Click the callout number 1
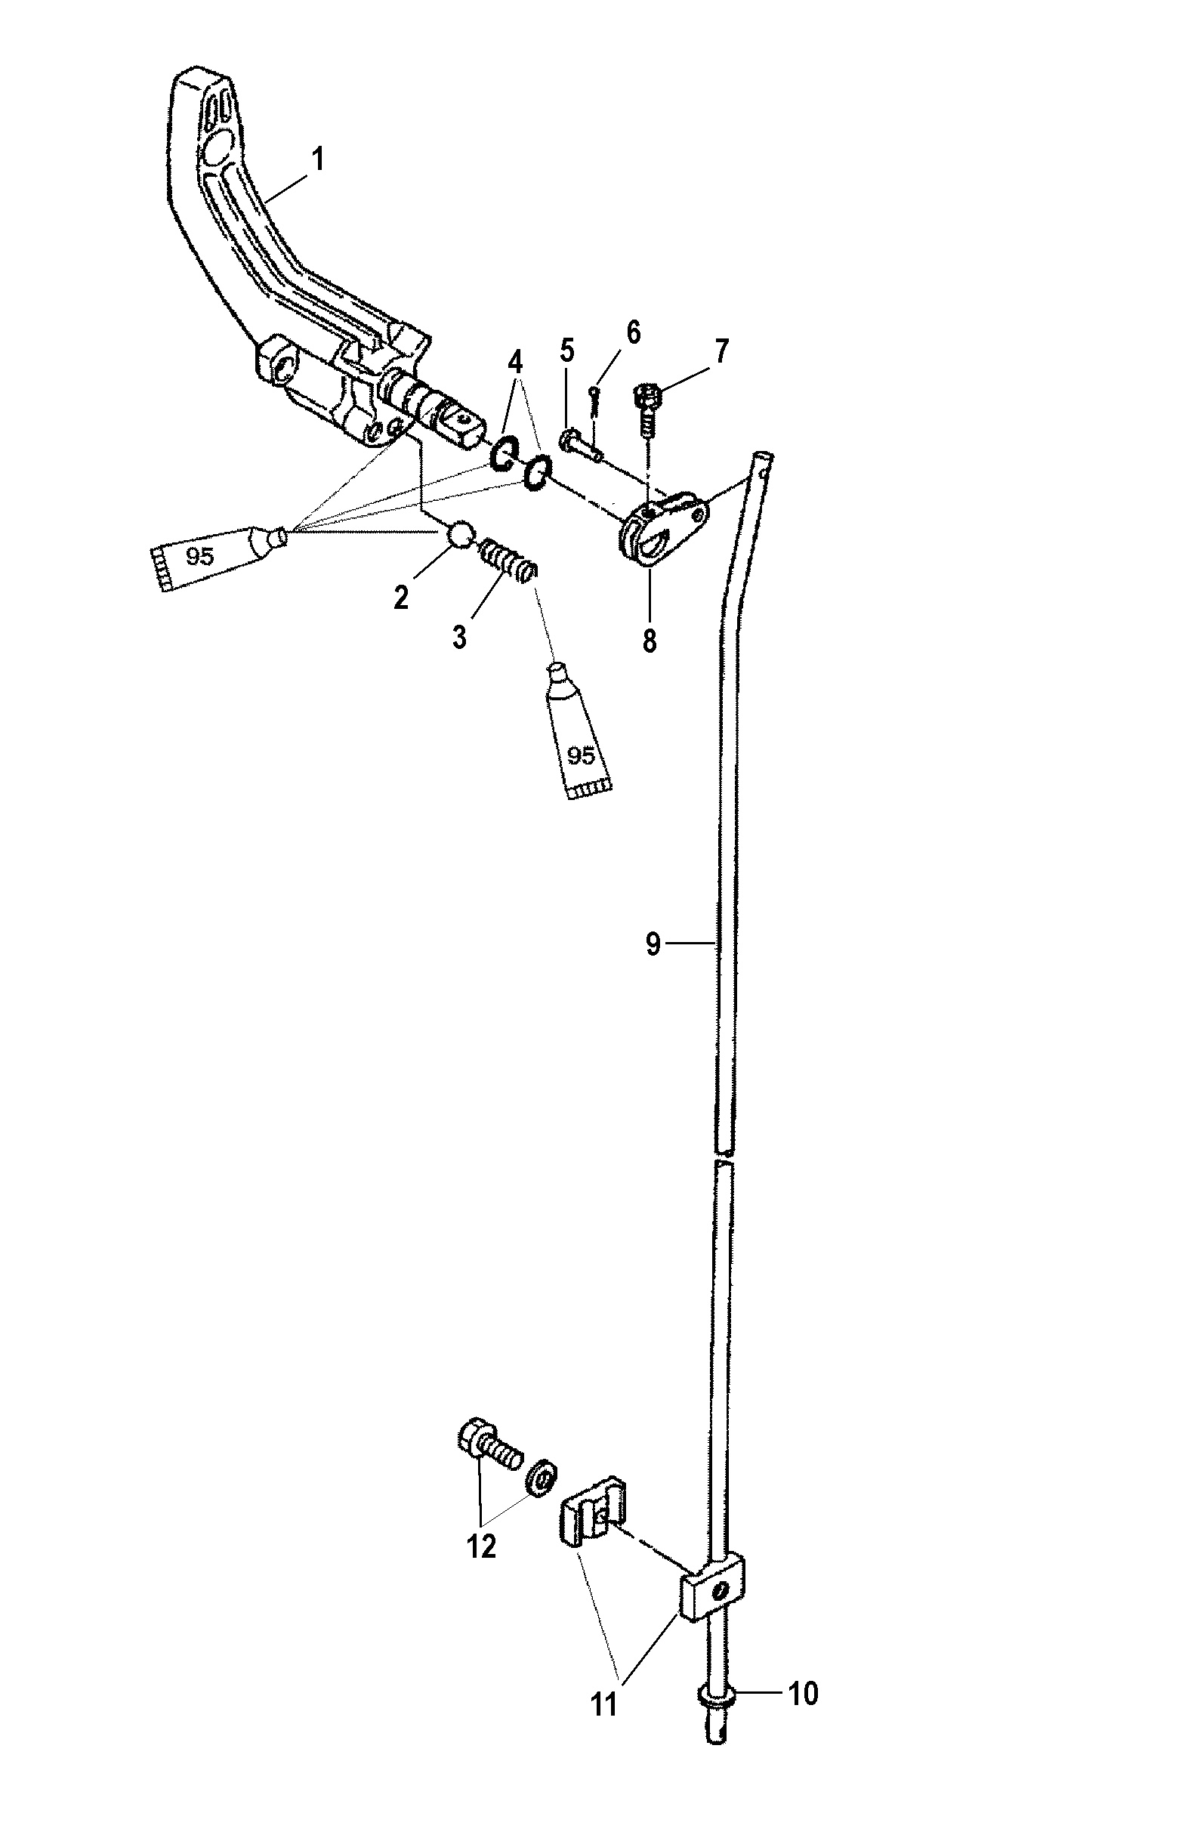[x=318, y=160]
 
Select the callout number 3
[x=459, y=637]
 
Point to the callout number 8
[x=650, y=640]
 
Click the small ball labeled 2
[x=459, y=533]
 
